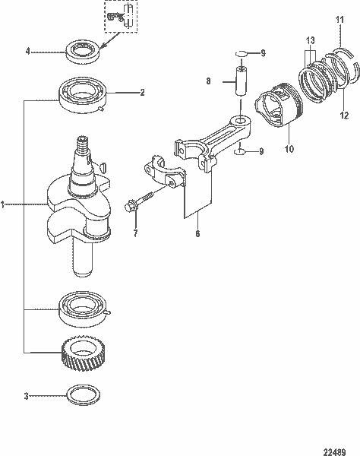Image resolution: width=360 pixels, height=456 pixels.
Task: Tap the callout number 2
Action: [x=141, y=93]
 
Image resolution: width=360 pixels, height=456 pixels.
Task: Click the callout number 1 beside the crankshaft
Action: [x=4, y=204]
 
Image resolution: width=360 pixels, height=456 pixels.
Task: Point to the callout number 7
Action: [x=135, y=233]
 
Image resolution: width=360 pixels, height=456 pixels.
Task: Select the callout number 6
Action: [x=197, y=234]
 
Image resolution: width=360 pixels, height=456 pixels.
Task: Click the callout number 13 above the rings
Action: [x=309, y=40]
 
